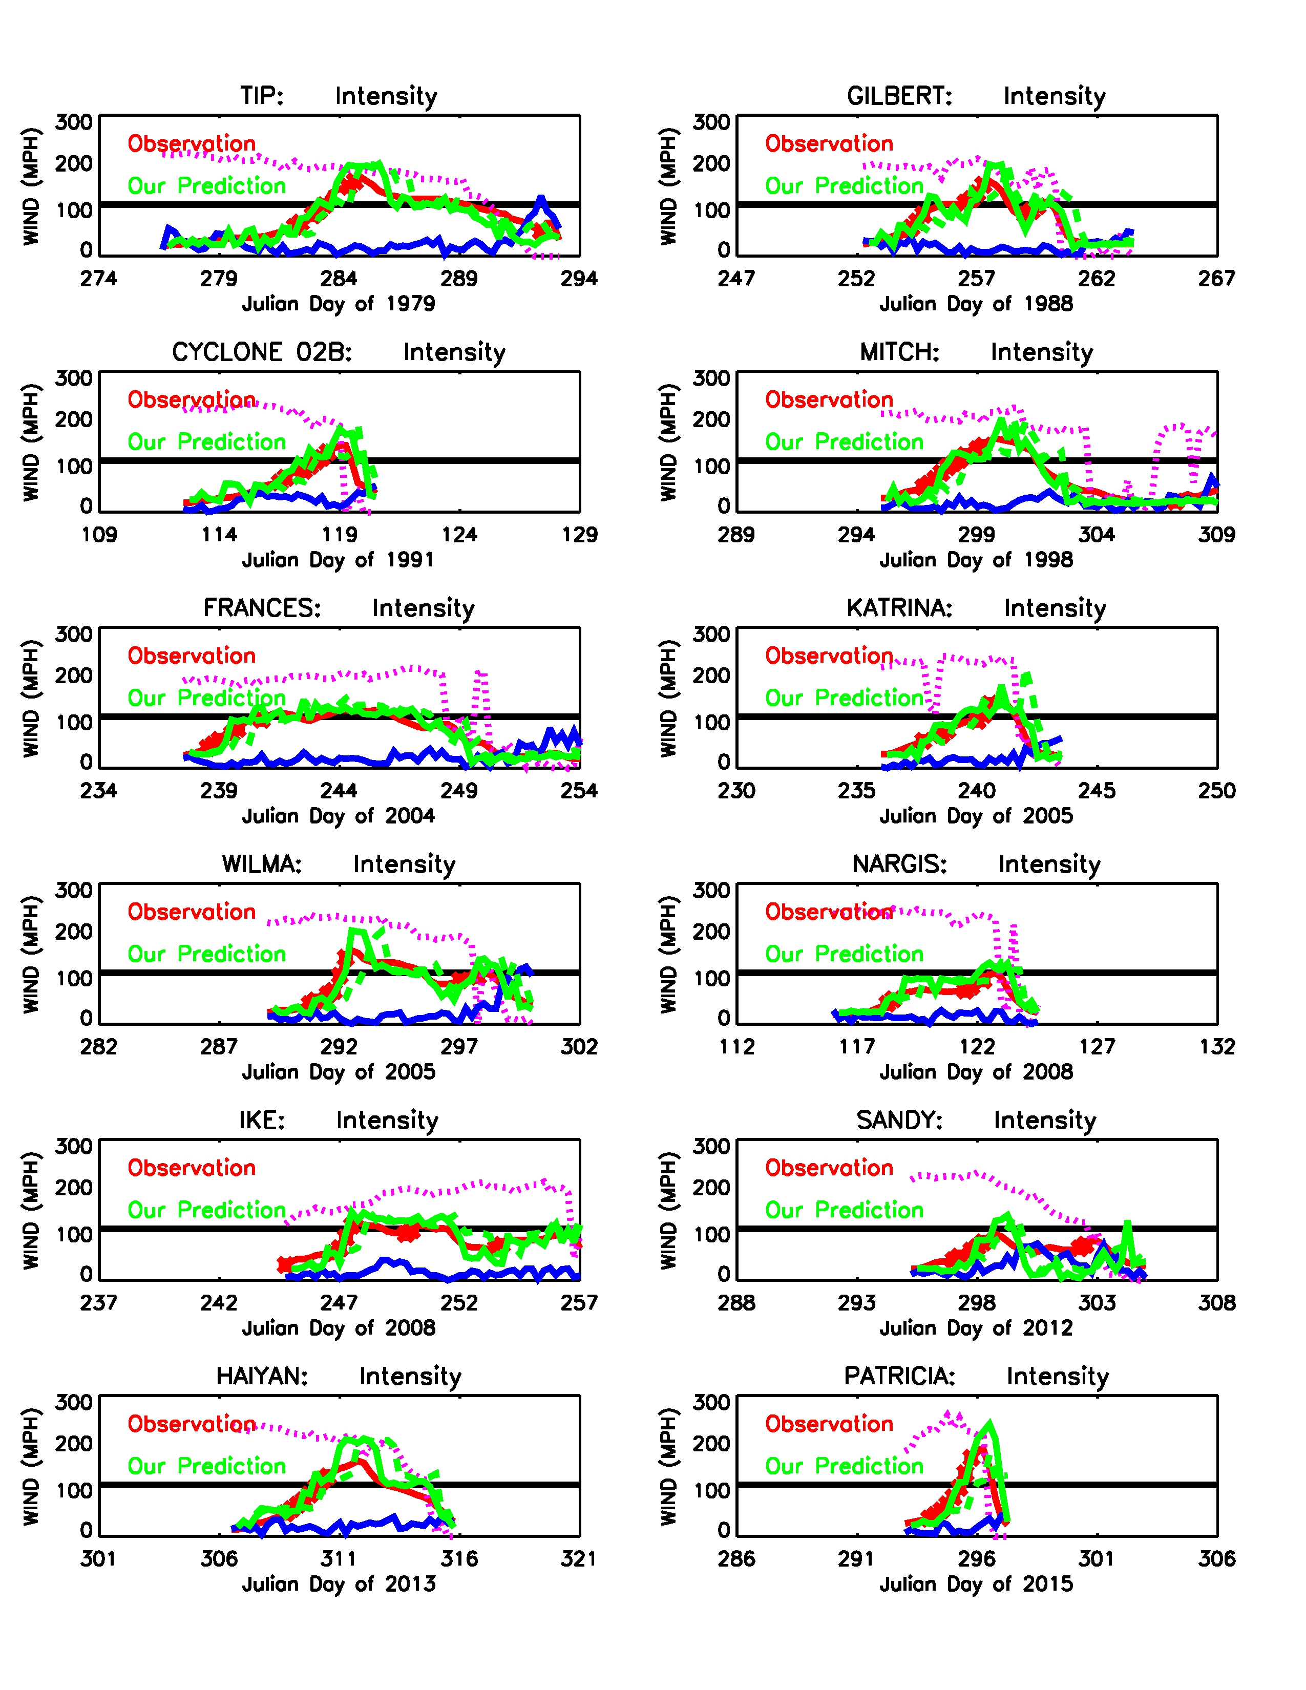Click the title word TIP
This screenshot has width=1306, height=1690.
click(262, 96)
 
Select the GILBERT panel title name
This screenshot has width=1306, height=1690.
click(899, 96)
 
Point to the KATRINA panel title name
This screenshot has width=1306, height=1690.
click(899, 608)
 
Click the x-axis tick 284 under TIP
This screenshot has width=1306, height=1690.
click(339, 279)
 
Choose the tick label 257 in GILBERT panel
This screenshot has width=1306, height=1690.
click(976, 279)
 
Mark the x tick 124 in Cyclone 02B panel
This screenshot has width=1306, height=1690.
click(459, 535)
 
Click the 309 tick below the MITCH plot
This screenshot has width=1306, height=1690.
click(1217, 535)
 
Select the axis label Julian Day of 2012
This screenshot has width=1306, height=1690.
click(976, 1328)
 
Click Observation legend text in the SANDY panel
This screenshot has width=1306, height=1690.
click(829, 1168)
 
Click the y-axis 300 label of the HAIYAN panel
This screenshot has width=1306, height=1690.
click(74, 1402)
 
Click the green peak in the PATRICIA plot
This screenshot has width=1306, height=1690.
click(989, 1422)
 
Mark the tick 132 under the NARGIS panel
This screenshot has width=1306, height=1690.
click(1217, 1047)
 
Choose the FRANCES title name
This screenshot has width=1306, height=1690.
click(262, 608)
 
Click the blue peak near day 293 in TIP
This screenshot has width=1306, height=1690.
click(541, 200)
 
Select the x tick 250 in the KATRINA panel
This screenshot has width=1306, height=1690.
click(1217, 791)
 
